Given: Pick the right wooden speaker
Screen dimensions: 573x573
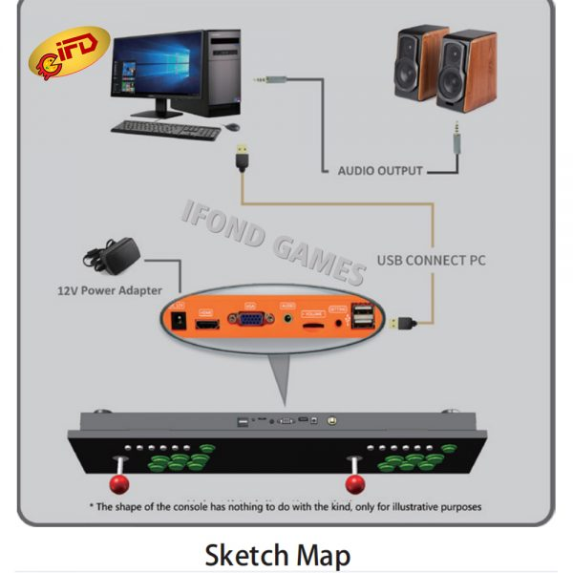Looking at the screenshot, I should coord(468,71).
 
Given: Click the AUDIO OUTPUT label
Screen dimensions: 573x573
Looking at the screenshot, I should coord(379,171).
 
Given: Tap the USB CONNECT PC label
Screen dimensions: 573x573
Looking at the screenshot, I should coord(429,259).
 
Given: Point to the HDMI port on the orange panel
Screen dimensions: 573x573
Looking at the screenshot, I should coord(205,326).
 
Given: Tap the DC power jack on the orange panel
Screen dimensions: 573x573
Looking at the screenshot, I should coord(176,323).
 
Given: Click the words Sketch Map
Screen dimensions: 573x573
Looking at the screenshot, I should coord(277,554).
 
